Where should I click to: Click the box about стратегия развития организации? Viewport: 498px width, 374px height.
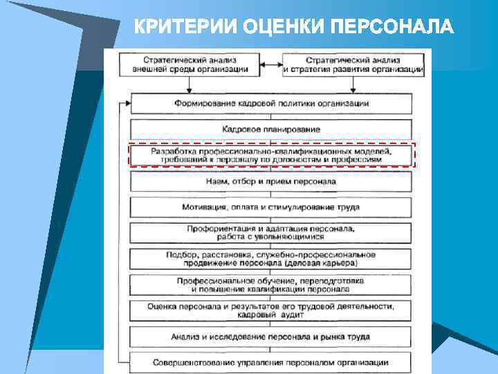353,64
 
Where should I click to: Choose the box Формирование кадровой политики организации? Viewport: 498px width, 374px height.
271,103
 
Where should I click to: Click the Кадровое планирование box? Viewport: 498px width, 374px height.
271,129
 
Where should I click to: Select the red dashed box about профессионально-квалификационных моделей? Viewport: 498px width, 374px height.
271,154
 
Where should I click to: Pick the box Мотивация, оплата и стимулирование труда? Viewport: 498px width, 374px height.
271,206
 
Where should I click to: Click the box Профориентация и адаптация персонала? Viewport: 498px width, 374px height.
271,232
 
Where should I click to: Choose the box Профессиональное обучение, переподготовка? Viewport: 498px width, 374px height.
271,285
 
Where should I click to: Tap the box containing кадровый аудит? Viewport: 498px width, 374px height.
271,310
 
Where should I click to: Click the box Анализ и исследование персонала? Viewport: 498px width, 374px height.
271,337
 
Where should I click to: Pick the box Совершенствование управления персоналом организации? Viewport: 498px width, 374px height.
271,362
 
